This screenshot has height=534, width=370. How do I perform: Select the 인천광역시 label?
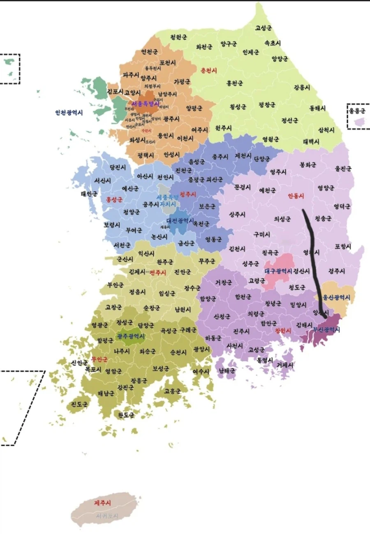[x=69, y=112]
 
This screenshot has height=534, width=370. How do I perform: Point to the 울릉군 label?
[x=357, y=110]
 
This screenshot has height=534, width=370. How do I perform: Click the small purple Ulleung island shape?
[x=360, y=121]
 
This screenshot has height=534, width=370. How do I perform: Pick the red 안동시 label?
[x=296, y=196]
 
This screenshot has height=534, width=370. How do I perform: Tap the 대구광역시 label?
[x=278, y=271]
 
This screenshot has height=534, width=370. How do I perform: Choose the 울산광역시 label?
[x=336, y=297]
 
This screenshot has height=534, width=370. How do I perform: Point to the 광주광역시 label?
[x=130, y=336]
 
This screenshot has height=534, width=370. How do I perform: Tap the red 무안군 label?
[x=99, y=359]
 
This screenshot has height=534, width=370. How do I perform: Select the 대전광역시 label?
[x=180, y=220]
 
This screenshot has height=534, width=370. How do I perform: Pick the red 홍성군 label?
[x=114, y=200]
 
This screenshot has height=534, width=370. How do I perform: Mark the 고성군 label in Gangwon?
[x=263, y=28]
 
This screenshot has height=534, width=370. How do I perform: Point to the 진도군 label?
[x=79, y=404]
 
